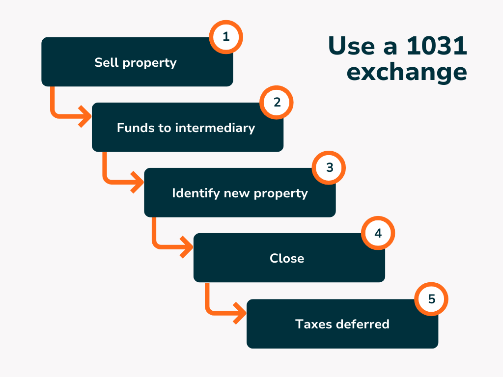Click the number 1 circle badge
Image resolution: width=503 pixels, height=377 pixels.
pyautogui.click(x=226, y=37)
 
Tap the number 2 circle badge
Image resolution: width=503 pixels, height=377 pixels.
pyautogui.click(x=277, y=102)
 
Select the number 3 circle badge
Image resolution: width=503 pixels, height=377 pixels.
pyautogui.click(x=329, y=167)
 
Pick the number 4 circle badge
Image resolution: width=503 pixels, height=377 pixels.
pyautogui.click(x=378, y=233)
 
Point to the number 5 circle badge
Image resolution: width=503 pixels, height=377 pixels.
pyautogui.click(x=431, y=299)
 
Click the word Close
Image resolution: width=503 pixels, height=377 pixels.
pyautogui.click(x=287, y=258)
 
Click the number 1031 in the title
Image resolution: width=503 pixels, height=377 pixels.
pyautogui.click(x=437, y=47)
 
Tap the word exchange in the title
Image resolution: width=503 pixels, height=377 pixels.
pyautogui.click(x=406, y=72)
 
